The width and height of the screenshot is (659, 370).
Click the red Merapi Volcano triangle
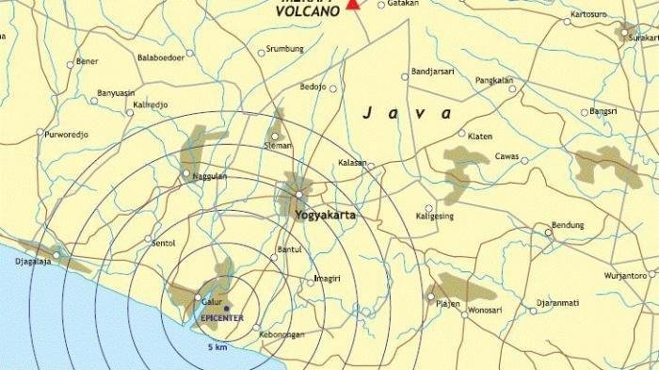click(353, 4)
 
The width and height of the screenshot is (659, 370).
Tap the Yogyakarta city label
click(326, 215)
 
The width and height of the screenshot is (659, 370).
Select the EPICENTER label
click(223, 318)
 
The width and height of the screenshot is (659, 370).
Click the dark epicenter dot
click(226, 308)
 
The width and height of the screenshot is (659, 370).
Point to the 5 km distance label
click(217, 346)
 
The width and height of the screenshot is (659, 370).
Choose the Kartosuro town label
click(588, 15)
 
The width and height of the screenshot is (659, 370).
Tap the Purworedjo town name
click(65, 134)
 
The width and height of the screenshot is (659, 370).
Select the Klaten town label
click(479, 136)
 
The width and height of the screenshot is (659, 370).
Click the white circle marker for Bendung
click(549, 232)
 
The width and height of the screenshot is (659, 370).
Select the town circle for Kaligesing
click(428, 208)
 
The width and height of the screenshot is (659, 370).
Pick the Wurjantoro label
click(626, 276)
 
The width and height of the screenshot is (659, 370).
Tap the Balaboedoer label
click(160, 57)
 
